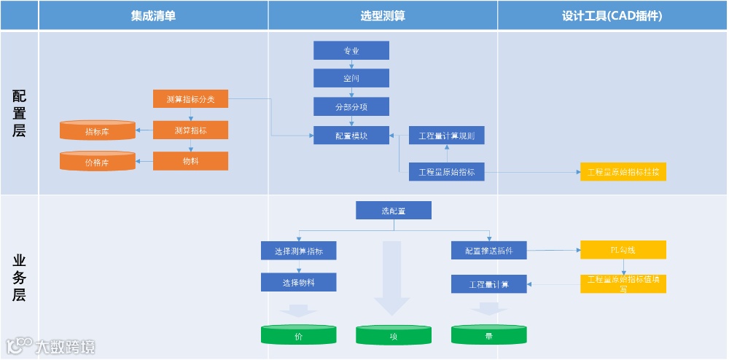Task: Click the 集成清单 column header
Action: point(153,15)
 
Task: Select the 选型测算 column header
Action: point(383,15)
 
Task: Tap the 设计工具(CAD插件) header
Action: point(612,15)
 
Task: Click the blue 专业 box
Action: point(351,51)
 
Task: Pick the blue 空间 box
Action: point(351,79)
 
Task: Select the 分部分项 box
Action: point(351,107)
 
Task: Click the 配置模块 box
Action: point(351,136)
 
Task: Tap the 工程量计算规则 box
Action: point(446,136)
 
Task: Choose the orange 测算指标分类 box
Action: point(190,99)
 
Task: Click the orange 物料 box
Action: point(190,161)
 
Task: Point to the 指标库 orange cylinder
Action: point(97,132)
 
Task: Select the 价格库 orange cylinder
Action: point(97,162)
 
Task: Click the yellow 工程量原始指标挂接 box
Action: point(623,173)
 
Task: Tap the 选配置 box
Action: point(394,211)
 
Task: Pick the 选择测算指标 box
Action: point(299,251)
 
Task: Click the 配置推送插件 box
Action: point(488,251)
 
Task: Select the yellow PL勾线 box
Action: point(623,251)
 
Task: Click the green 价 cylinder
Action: point(299,336)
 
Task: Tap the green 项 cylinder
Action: point(394,336)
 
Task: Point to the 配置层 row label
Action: point(20,113)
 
